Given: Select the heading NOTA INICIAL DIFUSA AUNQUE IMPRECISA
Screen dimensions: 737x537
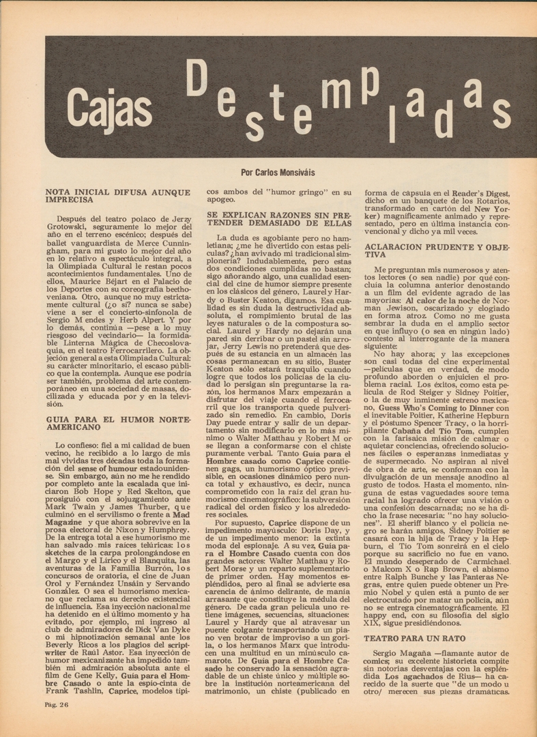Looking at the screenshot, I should pyautogui.click(x=117, y=197).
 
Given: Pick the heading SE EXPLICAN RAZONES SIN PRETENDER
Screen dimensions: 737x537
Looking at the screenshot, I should pyautogui.click(x=279, y=218).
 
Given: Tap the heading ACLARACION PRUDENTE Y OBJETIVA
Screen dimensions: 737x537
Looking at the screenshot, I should pyautogui.click(x=437, y=250).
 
